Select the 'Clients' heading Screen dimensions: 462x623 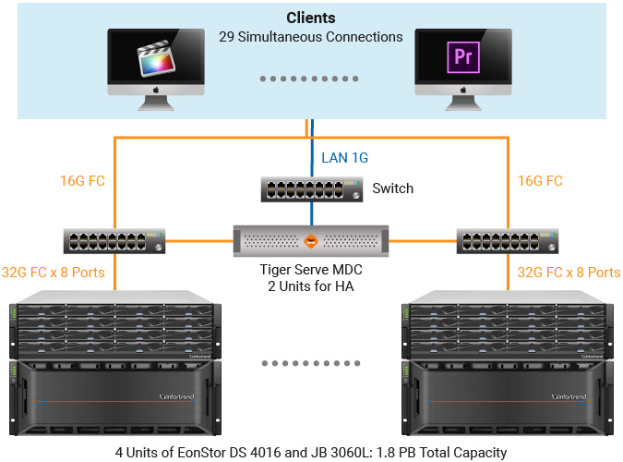click(x=311, y=18)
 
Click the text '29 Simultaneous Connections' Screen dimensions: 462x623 click(x=311, y=37)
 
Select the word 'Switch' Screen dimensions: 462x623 click(x=392, y=188)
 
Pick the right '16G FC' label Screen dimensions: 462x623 click(x=540, y=181)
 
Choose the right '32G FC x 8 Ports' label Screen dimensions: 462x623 click(x=568, y=273)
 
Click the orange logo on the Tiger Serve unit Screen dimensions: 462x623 click(x=311, y=243)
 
